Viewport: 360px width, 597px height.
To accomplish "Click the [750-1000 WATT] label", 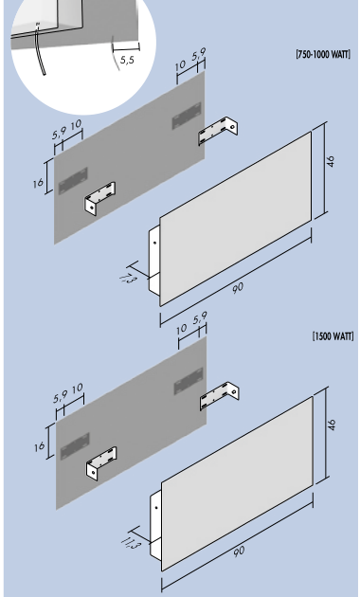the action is pyautogui.click(x=323, y=54).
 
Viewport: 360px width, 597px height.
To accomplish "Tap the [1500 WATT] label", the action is pyautogui.click(x=333, y=336).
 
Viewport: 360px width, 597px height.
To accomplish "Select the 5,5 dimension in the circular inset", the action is pyautogui.click(x=128, y=60).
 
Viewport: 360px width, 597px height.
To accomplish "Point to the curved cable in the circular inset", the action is pyautogui.click(x=40, y=49).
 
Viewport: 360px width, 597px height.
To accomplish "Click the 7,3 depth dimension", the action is pyautogui.click(x=127, y=280).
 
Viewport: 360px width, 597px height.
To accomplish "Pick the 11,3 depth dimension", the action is pyautogui.click(x=131, y=544).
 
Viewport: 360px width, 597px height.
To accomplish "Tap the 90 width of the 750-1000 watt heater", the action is pyautogui.click(x=238, y=288).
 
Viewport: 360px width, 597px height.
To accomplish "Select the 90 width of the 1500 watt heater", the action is pyautogui.click(x=239, y=552).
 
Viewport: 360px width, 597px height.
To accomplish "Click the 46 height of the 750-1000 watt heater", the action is pyautogui.click(x=331, y=161).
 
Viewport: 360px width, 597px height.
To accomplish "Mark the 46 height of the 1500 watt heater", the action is pyautogui.click(x=333, y=425).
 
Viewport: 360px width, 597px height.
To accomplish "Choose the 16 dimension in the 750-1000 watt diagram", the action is pyautogui.click(x=38, y=184).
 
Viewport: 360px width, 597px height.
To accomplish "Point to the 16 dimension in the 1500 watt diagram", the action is pyautogui.click(x=39, y=446).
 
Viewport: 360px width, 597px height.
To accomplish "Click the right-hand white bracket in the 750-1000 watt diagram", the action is pyautogui.click(x=218, y=131).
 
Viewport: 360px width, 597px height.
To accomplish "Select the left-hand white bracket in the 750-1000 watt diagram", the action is pyautogui.click(x=100, y=198).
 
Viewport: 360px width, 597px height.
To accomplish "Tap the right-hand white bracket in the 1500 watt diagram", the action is pyautogui.click(x=220, y=395).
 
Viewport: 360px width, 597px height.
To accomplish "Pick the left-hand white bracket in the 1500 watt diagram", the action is pyautogui.click(x=101, y=463).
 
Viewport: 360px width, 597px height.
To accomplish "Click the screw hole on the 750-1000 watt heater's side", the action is pyautogui.click(x=154, y=243).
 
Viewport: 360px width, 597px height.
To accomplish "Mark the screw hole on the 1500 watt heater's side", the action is pyautogui.click(x=156, y=508).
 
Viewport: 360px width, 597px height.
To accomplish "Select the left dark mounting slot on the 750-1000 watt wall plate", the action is pyautogui.click(x=73, y=181).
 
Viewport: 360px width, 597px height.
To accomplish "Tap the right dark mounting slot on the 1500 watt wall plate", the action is pyautogui.click(x=189, y=381).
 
